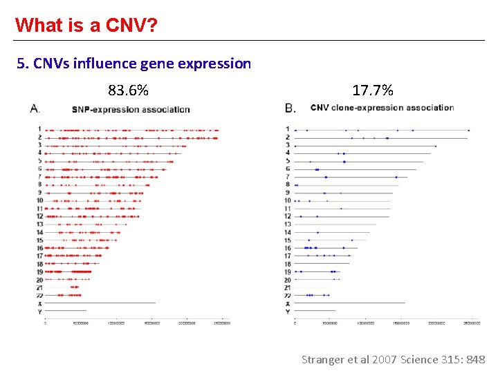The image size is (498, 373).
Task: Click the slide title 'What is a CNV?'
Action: point(86,26)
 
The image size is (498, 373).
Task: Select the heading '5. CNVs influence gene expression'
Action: point(134,64)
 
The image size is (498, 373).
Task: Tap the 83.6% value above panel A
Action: point(128,90)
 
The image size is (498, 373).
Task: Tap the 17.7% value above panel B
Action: point(373,90)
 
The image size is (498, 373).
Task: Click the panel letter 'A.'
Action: point(35,108)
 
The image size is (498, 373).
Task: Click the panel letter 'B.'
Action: point(290,108)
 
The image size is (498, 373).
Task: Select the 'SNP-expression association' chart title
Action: point(131,109)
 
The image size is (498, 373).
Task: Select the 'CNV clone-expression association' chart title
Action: point(382,108)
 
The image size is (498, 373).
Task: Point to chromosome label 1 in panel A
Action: point(40,129)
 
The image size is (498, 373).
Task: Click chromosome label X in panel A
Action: point(40,303)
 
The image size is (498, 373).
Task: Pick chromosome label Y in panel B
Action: point(288,312)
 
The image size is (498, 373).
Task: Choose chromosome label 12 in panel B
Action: point(288,216)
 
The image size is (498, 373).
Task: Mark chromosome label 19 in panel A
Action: point(40,271)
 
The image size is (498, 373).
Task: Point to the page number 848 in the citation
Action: point(476,359)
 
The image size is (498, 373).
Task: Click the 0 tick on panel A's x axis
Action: point(46,323)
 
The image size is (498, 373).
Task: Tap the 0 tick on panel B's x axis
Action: point(295,323)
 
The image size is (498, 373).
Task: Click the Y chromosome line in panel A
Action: point(66,311)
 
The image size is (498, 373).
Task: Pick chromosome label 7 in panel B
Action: point(288,177)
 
